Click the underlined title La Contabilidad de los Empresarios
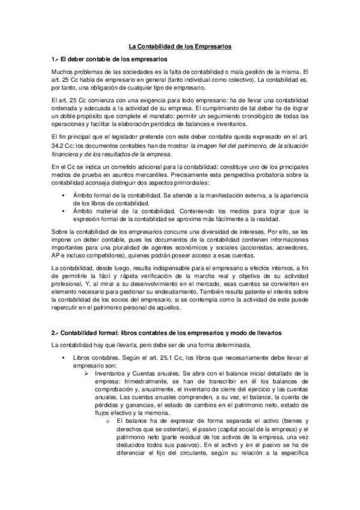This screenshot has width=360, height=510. coord(180,46)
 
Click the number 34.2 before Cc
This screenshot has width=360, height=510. coord(59,145)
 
